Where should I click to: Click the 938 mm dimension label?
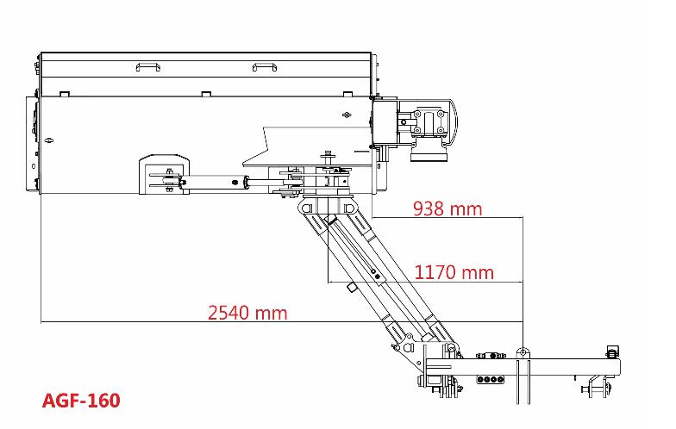(x=448, y=208)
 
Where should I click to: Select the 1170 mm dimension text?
(x=454, y=272)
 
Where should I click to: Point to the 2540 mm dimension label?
(x=247, y=313)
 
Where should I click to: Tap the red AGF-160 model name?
(x=81, y=401)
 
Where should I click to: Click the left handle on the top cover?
(x=148, y=67)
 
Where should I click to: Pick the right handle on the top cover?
(x=264, y=67)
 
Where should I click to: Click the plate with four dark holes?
(x=491, y=379)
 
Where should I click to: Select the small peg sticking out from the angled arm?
(x=352, y=288)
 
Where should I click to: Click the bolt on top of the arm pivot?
(x=328, y=155)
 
